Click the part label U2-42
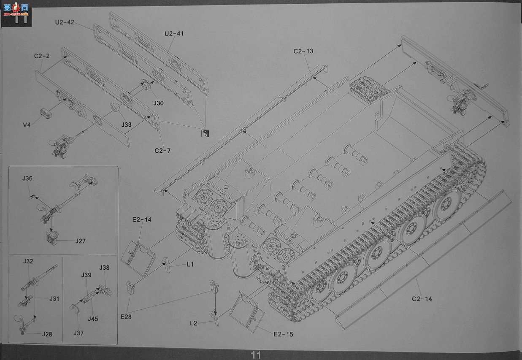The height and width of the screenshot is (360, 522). pos(65,22)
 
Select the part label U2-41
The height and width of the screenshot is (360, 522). pos(174,34)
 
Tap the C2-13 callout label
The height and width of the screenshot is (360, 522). pos(303,51)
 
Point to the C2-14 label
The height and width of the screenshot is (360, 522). pos(422,299)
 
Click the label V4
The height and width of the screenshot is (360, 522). pos(27,125)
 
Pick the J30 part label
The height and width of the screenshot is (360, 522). pos(159,103)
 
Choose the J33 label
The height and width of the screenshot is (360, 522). pos(126,125)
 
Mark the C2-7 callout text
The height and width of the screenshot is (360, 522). pos(162,151)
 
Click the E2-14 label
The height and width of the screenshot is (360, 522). pos(142,220)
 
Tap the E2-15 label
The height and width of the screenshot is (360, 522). pos(283,334)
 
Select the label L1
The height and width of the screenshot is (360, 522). pos(190,264)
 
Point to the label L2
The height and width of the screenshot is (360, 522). pos(193,323)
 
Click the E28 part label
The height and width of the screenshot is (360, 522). pos(126,317)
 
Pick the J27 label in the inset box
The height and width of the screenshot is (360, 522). pos(81,241)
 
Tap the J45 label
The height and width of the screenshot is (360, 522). pos(93,319)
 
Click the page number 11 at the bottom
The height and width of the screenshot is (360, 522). pos(256,355)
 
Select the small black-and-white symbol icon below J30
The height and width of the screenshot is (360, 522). pos(205,133)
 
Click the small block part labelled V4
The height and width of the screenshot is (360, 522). pos(46,113)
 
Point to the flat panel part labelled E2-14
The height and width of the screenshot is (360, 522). pos(138,258)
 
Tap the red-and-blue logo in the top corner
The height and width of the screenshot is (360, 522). pos(16,9)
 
